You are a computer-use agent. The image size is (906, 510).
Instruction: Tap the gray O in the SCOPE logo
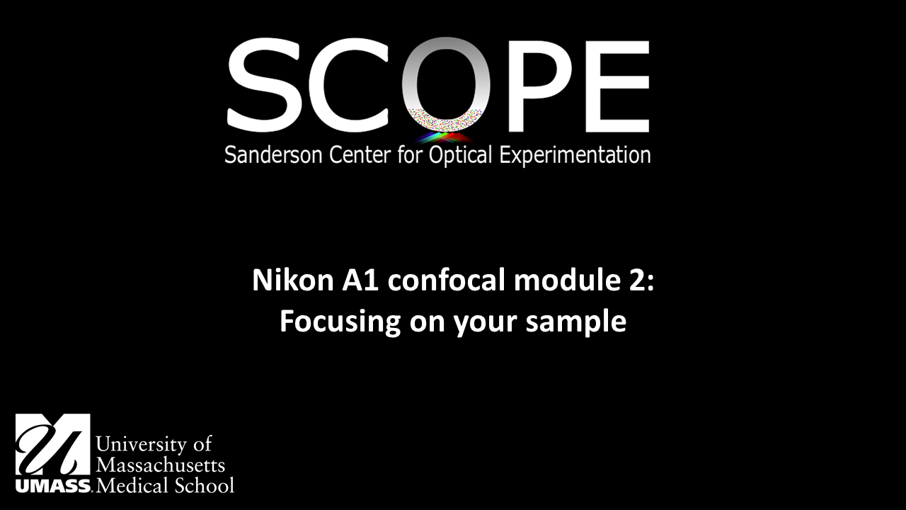click(446, 81)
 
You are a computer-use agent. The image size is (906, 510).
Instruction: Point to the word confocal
click(447, 281)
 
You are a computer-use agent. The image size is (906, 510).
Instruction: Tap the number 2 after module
click(636, 281)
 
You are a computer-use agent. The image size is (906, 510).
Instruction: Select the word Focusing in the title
click(340, 322)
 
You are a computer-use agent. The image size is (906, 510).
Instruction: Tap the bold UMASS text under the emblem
click(53, 487)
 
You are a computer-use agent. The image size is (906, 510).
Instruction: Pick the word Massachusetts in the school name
click(161, 465)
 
